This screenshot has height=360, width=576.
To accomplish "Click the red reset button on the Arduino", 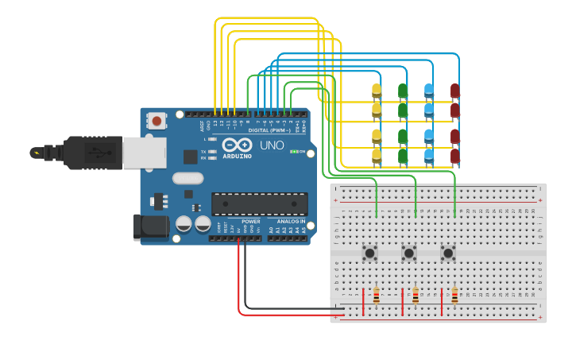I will coord(157,121).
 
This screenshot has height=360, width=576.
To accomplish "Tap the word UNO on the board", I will coord(272,145).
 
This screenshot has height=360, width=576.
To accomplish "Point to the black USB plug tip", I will coord(36,152).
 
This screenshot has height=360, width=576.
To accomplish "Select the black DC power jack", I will coord(150,227).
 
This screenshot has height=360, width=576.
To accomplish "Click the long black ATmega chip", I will coord(259,203).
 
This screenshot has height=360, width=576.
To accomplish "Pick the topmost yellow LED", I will coord(377,91).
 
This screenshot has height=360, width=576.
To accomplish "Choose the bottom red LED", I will coord(455,156).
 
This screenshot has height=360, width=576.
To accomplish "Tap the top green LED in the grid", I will coord(403,91).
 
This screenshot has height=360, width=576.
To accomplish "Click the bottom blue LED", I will coord(429,156).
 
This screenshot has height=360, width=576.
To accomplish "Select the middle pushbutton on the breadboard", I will coord(409,254).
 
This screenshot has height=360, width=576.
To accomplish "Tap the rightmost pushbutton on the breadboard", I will coord(448,254).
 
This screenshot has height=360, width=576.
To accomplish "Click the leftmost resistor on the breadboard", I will coord(376,296).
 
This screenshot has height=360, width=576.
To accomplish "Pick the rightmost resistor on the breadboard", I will coord(454,296).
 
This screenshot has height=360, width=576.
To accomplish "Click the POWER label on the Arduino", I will coord(251,222).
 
